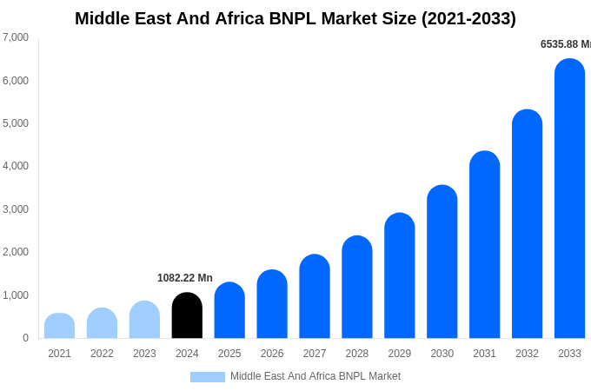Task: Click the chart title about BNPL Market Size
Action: (295, 18)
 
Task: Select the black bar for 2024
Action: (187, 316)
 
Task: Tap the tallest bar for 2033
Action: (569, 200)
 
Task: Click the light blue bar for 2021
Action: (59, 327)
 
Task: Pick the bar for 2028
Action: (357, 288)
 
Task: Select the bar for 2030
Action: (442, 262)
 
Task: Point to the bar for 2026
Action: (272, 305)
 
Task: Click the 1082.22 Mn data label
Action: (185, 278)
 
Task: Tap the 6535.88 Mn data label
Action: (565, 44)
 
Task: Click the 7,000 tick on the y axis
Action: (16, 37)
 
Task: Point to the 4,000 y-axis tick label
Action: (16, 166)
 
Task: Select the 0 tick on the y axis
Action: (25, 338)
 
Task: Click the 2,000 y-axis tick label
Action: (16, 252)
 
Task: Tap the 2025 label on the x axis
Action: (229, 354)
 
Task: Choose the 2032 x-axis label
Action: (527, 354)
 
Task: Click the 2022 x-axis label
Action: (102, 354)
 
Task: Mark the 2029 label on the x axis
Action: (400, 354)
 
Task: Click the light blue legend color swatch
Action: (208, 377)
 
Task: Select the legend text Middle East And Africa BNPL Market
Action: (315, 376)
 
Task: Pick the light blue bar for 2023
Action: (144, 321)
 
